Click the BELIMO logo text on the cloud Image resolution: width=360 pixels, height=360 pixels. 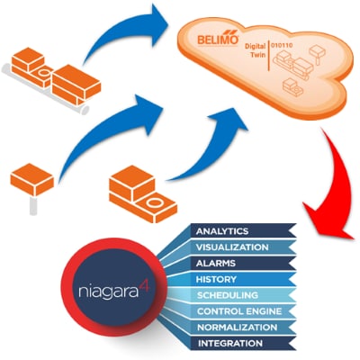coord(218,39)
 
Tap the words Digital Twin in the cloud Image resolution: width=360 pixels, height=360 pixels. coord(256,50)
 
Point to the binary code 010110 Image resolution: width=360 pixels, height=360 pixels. coord(282,46)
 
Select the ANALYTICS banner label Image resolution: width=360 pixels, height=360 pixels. coord(222,231)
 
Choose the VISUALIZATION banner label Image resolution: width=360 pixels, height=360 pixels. coord(232,247)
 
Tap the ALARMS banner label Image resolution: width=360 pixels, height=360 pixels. coord(216,264)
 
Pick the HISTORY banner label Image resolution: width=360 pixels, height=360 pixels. coord(216,279)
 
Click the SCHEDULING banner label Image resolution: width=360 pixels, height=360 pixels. coord(228,295)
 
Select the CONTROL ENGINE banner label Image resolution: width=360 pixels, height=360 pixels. coord(239,311)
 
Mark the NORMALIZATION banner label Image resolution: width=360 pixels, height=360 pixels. coord(237,328)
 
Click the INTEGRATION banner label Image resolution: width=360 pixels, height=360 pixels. coord(230,343)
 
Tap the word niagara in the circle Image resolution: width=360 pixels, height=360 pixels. coord(109,292)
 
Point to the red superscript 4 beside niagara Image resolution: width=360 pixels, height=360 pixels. coord(145,284)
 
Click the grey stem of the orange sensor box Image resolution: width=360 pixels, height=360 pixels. coord(33,205)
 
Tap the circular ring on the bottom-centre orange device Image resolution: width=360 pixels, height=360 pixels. coord(154,202)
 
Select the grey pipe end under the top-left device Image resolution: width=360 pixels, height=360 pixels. coord(85,110)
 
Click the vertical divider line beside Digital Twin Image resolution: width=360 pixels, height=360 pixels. coord(268,56)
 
